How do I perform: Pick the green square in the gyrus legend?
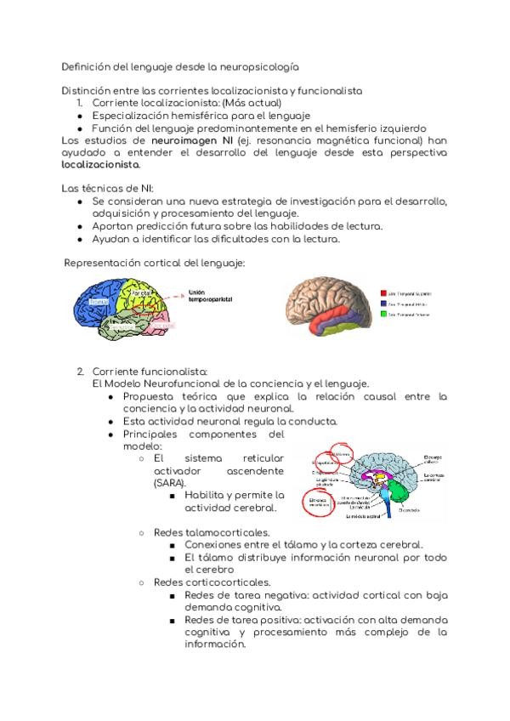[384, 314]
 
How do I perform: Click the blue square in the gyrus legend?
[384, 302]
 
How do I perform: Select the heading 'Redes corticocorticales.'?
[212, 582]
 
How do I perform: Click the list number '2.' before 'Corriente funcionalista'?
[81, 372]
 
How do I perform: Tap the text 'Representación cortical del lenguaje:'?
[155, 264]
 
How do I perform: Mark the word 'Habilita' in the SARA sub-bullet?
[205, 495]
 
